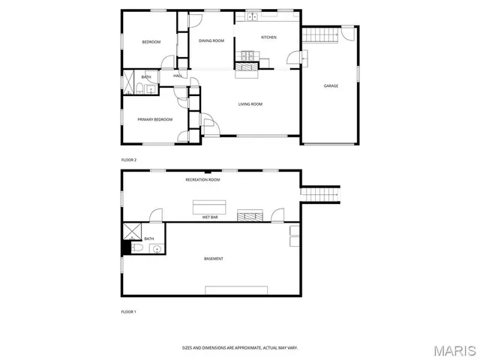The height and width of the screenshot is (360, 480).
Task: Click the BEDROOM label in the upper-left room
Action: pyautogui.click(x=151, y=42)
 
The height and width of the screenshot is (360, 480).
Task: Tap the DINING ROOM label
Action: pyautogui.click(x=211, y=40)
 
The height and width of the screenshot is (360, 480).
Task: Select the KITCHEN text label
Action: pyautogui.click(x=268, y=37)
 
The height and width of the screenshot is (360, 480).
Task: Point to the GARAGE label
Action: pyautogui.click(x=331, y=85)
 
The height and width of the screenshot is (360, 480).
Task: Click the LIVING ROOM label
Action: pyautogui.click(x=250, y=104)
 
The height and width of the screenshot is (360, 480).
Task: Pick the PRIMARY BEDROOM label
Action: pyautogui.click(x=154, y=119)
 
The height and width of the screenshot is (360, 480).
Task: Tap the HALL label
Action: pyautogui.click(x=178, y=76)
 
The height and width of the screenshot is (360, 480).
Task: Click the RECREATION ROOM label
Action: pyautogui.click(x=202, y=180)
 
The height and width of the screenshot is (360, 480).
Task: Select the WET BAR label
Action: pyautogui.click(x=210, y=217)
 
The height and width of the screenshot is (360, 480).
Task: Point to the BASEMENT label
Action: pyautogui.click(x=214, y=259)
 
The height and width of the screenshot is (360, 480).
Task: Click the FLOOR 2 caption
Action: pyautogui.click(x=129, y=160)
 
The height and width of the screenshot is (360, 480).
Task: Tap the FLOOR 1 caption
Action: pyautogui.click(x=129, y=310)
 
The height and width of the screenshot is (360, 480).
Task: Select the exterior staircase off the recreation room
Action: pyautogui.click(x=320, y=194)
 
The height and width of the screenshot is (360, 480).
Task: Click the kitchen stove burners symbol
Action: pyautogui.click(x=248, y=55)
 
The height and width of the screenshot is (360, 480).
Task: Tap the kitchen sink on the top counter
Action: pyautogui.click(x=253, y=16)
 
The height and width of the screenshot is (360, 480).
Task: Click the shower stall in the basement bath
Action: pyautogui.click(x=132, y=230)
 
